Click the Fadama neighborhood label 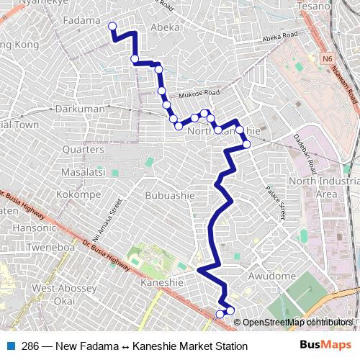coord(81,20)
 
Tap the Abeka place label coord(165,27)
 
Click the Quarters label coord(84,149)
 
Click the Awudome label coord(272,276)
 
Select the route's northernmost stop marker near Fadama coord(112,27)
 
